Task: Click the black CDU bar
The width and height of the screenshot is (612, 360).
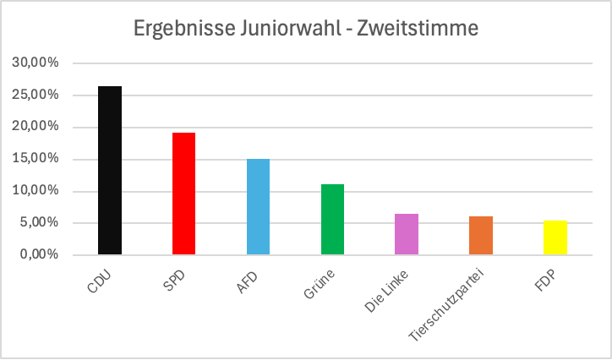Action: click(110, 170)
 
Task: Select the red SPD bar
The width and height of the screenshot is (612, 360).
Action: click(183, 194)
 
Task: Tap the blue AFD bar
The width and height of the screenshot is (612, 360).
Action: click(258, 206)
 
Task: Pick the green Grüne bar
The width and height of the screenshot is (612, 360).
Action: click(332, 219)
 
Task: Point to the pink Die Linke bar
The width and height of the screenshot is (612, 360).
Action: click(407, 234)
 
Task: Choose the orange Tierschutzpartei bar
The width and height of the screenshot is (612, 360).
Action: click(481, 235)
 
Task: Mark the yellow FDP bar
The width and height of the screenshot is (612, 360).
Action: click(555, 237)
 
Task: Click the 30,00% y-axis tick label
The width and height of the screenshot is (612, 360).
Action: click(36, 63)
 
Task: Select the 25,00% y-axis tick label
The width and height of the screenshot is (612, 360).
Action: click(36, 95)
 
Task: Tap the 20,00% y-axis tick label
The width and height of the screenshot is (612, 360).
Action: click(36, 127)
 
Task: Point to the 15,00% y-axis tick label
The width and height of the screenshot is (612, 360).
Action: click(36, 159)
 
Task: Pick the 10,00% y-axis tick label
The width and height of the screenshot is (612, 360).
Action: click(36, 191)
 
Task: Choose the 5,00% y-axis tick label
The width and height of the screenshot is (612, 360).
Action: click(38, 223)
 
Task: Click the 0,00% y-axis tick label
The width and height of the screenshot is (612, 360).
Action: click(38, 254)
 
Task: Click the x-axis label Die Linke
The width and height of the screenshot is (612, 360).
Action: click(385, 292)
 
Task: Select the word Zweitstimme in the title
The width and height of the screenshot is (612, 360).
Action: click(418, 29)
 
